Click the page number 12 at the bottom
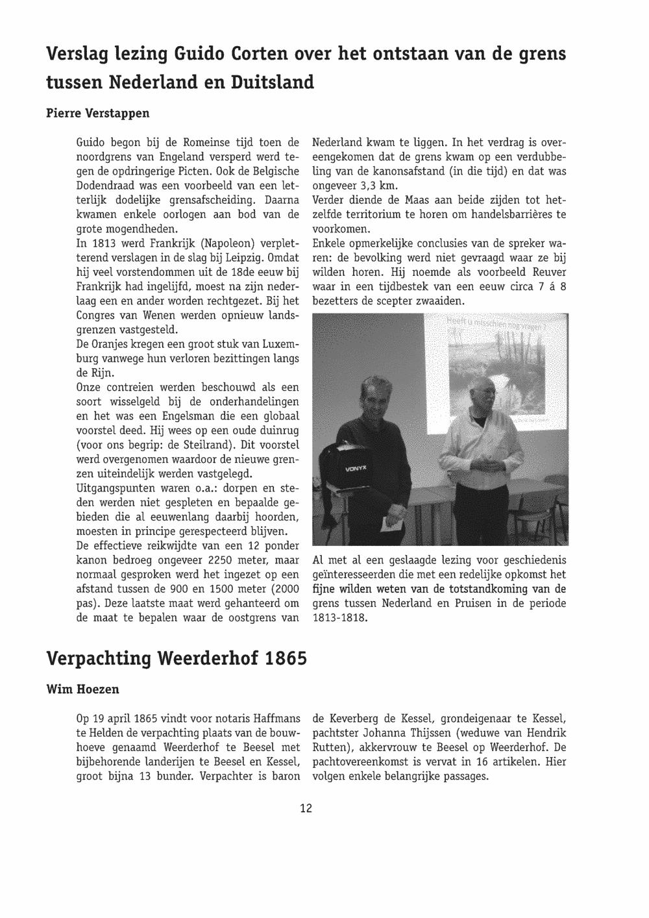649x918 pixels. pos(306,808)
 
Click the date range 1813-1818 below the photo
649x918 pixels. pos(340,617)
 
